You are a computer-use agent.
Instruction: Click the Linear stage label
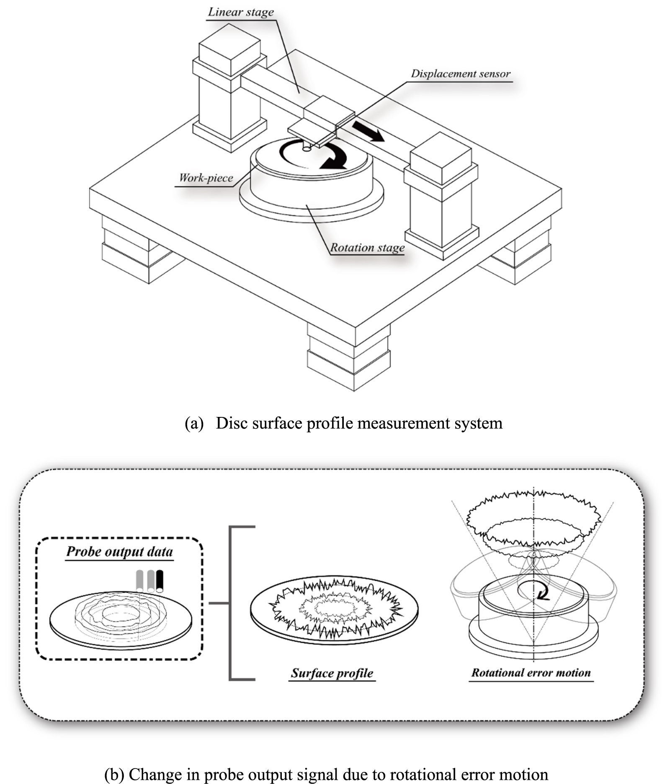point(241,12)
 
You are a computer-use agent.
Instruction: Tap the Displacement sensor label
point(460,74)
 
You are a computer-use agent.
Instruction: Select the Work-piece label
point(206,178)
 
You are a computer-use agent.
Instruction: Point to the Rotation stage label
point(367,248)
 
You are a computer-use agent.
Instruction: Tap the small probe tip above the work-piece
point(307,147)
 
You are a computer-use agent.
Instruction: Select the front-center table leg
point(349,356)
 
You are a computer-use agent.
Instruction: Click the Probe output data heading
point(119,551)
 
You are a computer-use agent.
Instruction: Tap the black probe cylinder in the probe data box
point(160,581)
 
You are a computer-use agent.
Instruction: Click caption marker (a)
point(194,423)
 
